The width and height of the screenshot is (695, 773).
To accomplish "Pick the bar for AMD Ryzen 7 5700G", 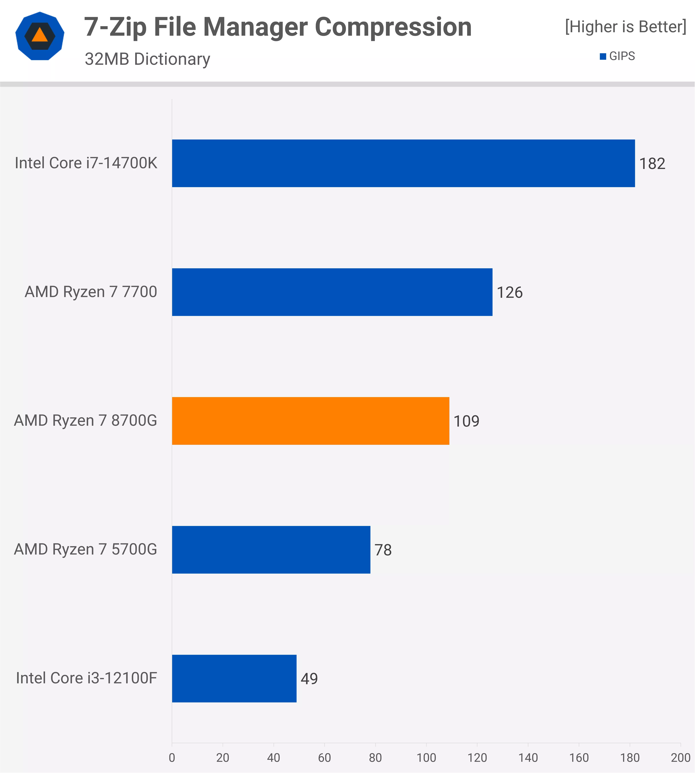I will click(x=271, y=550).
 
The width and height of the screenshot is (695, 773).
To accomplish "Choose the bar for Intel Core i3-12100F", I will click(x=234, y=678).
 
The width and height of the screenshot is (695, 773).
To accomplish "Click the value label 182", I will click(x=652, y=164).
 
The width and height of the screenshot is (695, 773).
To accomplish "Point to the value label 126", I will click(x=509, y=292).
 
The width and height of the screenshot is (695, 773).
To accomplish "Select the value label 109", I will click(x=466, y=421).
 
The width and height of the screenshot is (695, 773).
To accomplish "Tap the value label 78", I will click(x=383, y=550).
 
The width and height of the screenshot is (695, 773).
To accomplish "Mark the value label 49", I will click(x=309, y=679).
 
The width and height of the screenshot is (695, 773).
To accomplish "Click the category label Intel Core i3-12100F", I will click(x=86, y=678).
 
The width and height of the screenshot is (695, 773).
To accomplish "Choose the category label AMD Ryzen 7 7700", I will click(x=91, y=292).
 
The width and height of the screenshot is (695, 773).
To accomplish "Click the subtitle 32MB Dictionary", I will click(x=147, y=59).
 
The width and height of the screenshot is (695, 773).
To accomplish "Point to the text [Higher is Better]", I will click(x=625, y=27).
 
